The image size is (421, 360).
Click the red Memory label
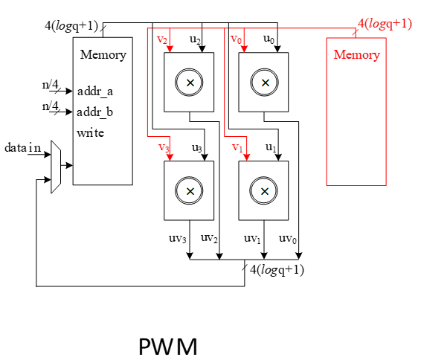tap(356, 55)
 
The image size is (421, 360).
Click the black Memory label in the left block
tap(103, 55)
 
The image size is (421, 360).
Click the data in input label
tap(24, 147)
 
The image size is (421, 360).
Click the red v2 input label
tap(162, 39)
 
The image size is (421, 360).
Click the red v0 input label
tap(236, 39)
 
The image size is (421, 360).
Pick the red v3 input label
tap(164, 147)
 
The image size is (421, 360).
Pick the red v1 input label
tap(237, 147)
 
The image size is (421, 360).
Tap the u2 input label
tap(196, 39)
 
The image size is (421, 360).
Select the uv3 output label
tap(179, 239)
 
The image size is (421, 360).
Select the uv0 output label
tap(288, 239)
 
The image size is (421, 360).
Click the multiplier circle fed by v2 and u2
tap(190, 83)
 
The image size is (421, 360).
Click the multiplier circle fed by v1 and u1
tap(263, 191)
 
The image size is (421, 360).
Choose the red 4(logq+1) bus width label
tap(385, 23)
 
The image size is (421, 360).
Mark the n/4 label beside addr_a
tap(51, 85)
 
